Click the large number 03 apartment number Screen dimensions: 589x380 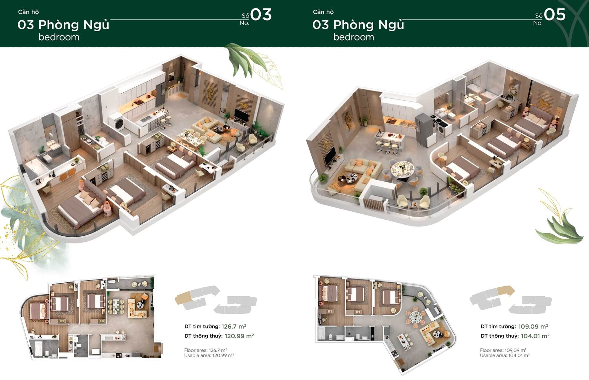tap(261, 15)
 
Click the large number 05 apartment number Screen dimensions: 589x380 tap(555, 15)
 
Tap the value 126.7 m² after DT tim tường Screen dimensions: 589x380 tap(234, 326)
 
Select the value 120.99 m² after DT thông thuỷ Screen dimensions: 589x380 tap(239, 336)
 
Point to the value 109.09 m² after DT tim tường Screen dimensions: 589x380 tap(533, 326)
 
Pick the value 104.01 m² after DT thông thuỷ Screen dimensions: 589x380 tap(535, 336)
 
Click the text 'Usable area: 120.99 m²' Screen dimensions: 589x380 tap(209, 355)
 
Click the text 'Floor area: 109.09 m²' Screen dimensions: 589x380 tap(503, 350)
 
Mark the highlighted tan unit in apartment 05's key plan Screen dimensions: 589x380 tap(505, 290)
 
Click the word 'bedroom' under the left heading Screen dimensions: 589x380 tap(59, 37)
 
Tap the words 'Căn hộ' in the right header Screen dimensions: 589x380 tap(323, 12)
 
